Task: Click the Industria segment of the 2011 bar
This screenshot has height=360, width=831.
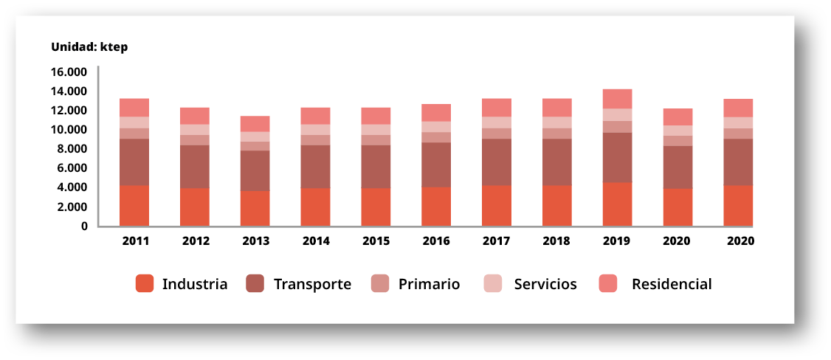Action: click(134, 205)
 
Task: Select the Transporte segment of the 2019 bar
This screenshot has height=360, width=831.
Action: click(617, 157)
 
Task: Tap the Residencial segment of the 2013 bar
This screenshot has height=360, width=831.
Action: click(255, 123)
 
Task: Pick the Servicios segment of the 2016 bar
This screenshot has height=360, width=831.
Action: click(436, 127)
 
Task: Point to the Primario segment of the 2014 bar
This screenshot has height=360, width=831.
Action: click(315, 140)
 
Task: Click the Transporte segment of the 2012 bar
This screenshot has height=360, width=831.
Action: click(195, 167)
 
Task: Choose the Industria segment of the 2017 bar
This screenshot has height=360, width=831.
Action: click(497, 205)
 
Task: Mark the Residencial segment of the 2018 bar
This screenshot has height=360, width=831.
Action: click(556, 108)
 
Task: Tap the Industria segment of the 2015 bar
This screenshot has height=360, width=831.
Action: click(376, 207)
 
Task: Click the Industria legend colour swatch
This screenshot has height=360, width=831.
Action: click(145, 284)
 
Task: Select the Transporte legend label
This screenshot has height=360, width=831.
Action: click(312, 284)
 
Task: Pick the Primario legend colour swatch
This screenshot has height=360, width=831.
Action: click(380, 284)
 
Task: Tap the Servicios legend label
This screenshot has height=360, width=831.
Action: click(545, 284)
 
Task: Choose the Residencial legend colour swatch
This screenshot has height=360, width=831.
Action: click(608, 284)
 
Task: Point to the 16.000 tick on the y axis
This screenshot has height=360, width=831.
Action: click(69, 72)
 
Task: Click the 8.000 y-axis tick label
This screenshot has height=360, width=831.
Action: click(72, 149)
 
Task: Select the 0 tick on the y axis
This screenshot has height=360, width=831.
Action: click(84, 226)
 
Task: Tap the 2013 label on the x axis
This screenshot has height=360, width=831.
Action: click(256, 241)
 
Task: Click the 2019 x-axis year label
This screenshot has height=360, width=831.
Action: click(617, 241)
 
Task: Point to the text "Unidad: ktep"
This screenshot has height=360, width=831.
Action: click(89, 46)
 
